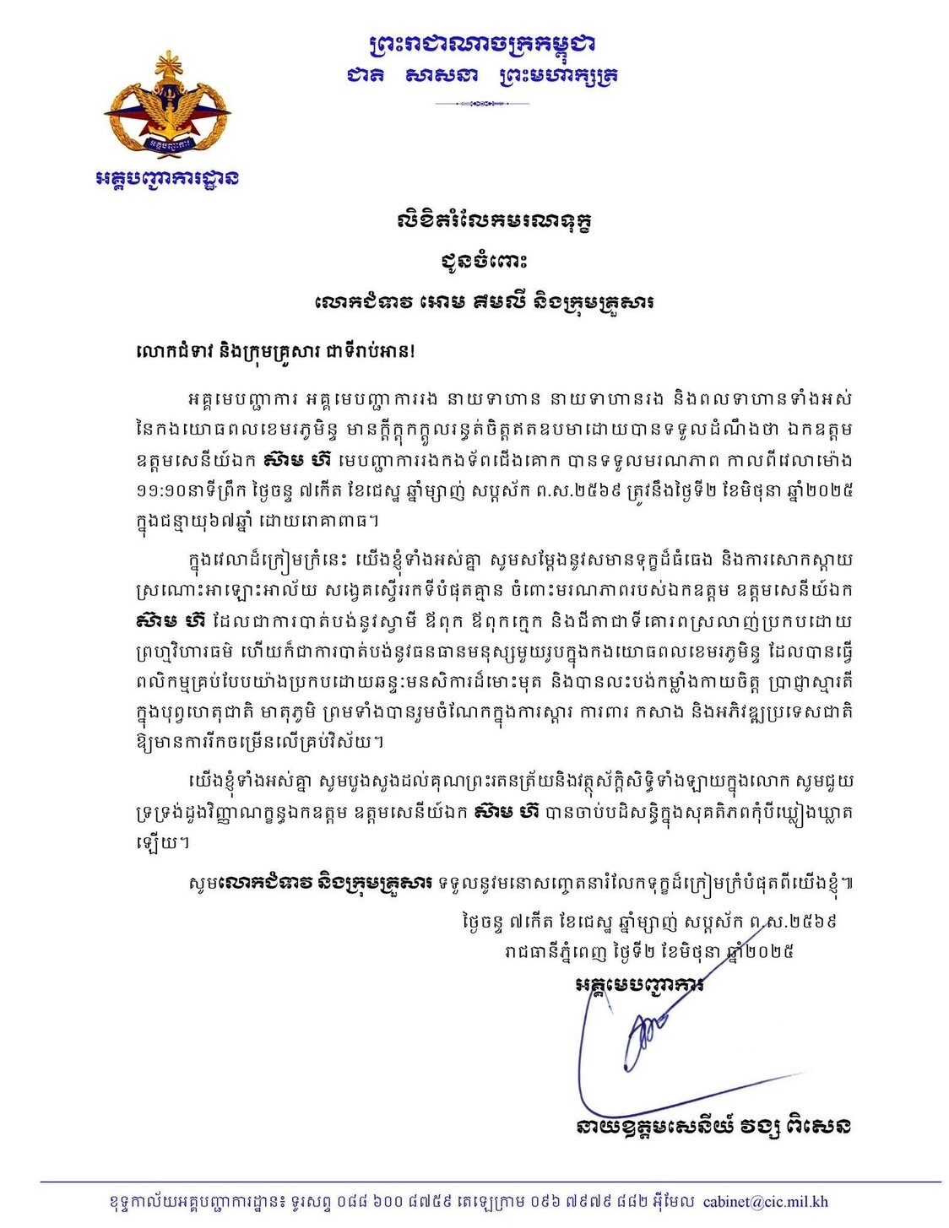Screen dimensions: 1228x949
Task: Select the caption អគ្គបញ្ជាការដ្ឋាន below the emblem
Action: tap(167, 178)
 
